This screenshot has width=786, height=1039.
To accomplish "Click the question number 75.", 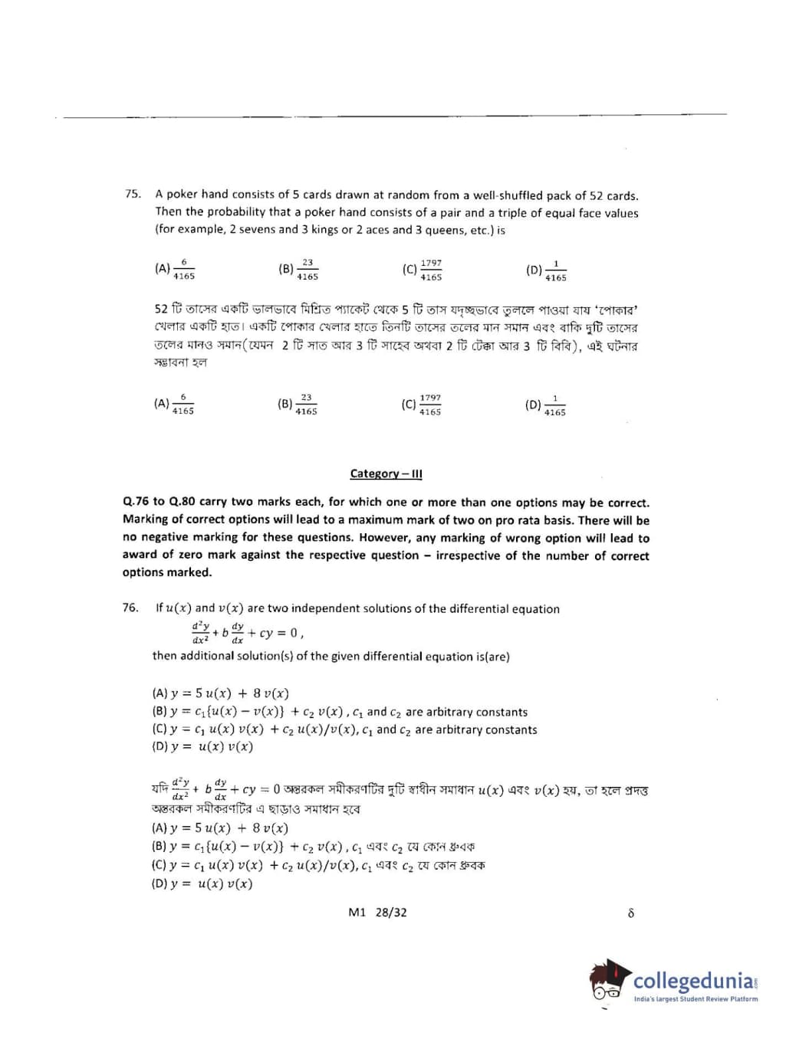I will [133, 194].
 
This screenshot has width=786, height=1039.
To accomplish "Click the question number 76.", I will [130, 608].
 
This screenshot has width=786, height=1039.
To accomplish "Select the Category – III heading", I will [386, 474].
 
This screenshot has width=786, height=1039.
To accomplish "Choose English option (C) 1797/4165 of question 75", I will [423, 270].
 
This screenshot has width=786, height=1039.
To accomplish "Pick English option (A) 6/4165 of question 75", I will [175, 269].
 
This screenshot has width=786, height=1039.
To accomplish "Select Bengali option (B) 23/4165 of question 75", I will [298, 404].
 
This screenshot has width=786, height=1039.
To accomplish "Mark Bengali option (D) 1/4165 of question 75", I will [546, 405].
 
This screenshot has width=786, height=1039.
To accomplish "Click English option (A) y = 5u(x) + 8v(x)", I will [221, 693].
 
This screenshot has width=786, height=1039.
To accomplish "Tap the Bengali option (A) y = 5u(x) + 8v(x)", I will [220, 828].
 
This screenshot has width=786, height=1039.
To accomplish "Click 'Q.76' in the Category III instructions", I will [136, 502].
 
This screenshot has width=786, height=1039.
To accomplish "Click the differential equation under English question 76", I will [248, 632].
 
